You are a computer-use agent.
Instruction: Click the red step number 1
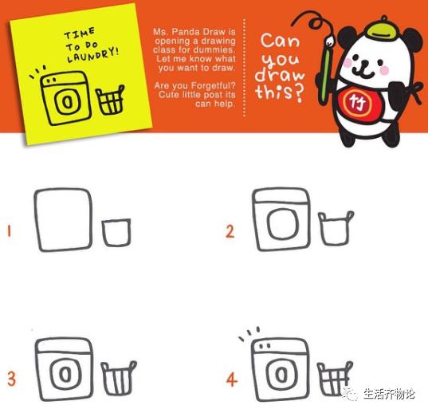coord(10,231)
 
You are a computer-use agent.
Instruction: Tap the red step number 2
coord(230,231)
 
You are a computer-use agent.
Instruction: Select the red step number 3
coord(11,379)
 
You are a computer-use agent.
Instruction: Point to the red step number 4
coord(232,380)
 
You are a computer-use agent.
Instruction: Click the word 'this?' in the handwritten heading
coord(280,92)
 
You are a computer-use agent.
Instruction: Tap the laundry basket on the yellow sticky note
coord(110,100)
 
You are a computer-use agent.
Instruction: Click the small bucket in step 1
coord(116,232)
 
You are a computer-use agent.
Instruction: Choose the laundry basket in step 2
coord(336,228)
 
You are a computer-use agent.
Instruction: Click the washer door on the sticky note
coord(68,102)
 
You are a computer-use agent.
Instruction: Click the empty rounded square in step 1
coord(63,220)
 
